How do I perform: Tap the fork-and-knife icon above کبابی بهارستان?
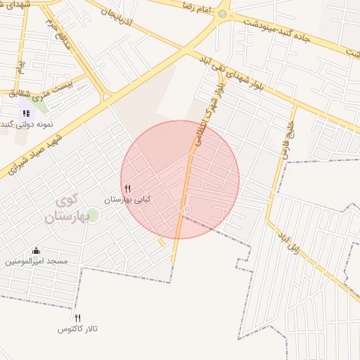(x=127, y=188)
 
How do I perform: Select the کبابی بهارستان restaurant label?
(x=127, y=200)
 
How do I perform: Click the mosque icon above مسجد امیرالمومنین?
(x=37, y=250)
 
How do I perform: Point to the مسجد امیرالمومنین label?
(x=37, y=261)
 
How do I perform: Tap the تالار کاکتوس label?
(x=77, y=328)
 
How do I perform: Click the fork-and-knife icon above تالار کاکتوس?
(x=77, y=318)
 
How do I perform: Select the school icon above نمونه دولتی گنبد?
(x=26, y=112)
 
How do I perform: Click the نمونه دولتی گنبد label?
(x=32, y=124)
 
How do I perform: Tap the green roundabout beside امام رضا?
(x=223, y=13)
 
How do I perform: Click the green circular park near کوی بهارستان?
(x=93, y=214)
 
